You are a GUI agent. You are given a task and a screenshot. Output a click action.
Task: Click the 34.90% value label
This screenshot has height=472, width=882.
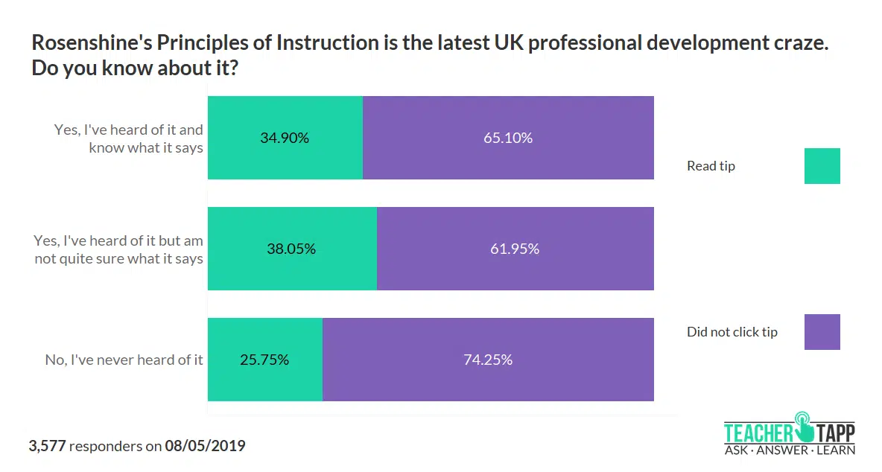coord(285,138)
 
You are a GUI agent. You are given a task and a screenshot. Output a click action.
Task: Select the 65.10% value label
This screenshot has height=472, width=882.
coord(508,138)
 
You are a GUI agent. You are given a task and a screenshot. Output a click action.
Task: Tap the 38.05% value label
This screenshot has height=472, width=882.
coord(291,249)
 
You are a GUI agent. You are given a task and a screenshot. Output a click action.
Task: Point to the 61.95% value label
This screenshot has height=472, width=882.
coord(515,249)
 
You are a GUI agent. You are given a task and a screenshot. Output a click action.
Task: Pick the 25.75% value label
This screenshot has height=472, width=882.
coord(264,360)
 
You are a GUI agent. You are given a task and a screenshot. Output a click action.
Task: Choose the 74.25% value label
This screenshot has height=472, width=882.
coord(488,360)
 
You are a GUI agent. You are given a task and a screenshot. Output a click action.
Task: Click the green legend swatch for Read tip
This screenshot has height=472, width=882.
coord(822,166)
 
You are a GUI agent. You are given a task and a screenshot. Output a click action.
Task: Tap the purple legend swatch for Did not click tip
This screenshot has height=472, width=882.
coord(822,332)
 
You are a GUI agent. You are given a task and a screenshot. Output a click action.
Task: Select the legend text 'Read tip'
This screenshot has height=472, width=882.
coord(711,166)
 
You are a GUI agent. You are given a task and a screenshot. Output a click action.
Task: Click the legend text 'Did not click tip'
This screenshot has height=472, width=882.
coord(732,332)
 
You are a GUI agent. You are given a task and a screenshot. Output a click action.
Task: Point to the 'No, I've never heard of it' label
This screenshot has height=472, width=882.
coord(124,360)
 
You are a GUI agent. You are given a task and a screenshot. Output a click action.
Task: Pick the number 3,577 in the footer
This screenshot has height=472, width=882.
coord(48,447)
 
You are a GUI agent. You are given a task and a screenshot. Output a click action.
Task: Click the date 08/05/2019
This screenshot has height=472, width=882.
coord(205,447)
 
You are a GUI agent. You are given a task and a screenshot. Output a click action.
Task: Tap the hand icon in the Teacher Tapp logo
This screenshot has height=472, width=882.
coord(803,425)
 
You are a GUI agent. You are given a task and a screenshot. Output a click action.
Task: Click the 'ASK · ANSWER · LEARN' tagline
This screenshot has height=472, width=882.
coord(789,450)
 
